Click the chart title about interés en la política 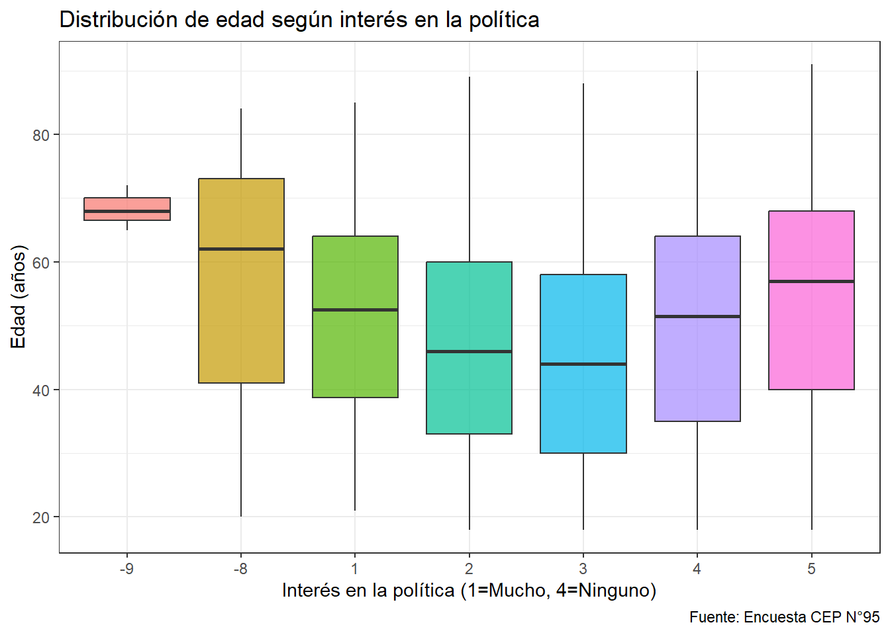[299, 20]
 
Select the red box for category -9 [127, 204]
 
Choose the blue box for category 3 [583, 410]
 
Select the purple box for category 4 [697, 370]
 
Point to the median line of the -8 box [241, 249]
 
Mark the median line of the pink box [811, 281]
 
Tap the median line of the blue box [583, 364]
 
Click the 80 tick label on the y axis [41, 135]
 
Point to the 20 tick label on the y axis [41, 517]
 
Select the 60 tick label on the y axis [41, 263]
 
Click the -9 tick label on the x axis [126, 569]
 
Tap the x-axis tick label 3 [583, 569]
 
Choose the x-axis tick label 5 [811, 569]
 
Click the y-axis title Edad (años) [18, 296]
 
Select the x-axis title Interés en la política [469, 590]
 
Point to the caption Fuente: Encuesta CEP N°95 [784, 617]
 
